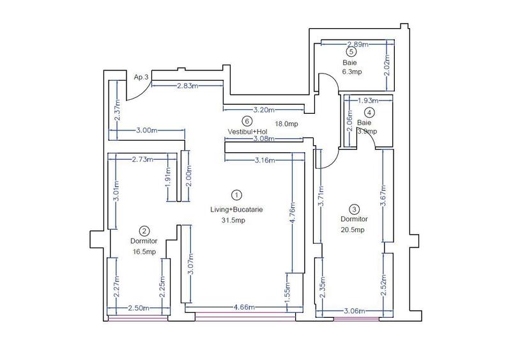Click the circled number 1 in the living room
[x=236, y=194]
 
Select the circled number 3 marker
[x=355, y=208]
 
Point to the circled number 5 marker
[x=351, y=52]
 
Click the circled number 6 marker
[x=247, y=121]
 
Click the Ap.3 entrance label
[x=141, y=77]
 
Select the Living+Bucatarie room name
[x=237, y=209]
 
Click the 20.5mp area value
[x=353, y=230]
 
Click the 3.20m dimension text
[x=264, y=109]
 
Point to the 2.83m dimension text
[x=187, y=86]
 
